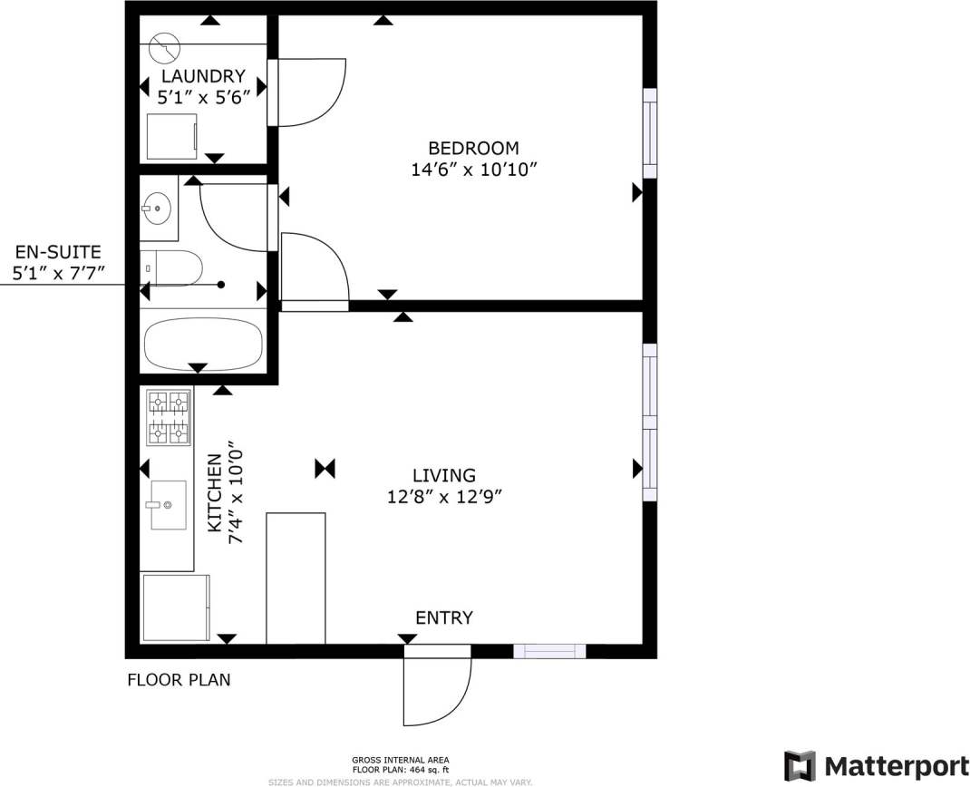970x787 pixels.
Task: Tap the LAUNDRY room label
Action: pyautogui.click(x=203, y=76)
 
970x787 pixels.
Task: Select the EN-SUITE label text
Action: pyautogui.click(x=57, y=253)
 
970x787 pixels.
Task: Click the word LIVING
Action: pyautogui.click(x=443, y=475)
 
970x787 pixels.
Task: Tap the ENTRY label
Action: pyautogui.click(x=443, y=618)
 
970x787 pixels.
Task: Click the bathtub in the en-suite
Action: pyautogui.click(x=203, y=342)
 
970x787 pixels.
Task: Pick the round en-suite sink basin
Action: pyautogui.click(x=157, y=209)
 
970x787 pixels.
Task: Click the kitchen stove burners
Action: pyautogui.click(x=170, y=417)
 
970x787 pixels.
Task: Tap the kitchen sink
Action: pyautogui.click(x=167, y=505)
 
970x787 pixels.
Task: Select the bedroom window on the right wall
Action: pyautogui.click(x=650, y=133)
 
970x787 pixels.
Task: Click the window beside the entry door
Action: pyautogui.click(x=549, y=651)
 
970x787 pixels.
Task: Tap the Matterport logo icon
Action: pyautogui.click(x=799, y=764)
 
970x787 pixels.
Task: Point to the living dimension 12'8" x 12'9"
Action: pyautogui.click(x=444, y=497)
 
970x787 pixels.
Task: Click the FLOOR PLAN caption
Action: pyautogui.click(x=179, y=679)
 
